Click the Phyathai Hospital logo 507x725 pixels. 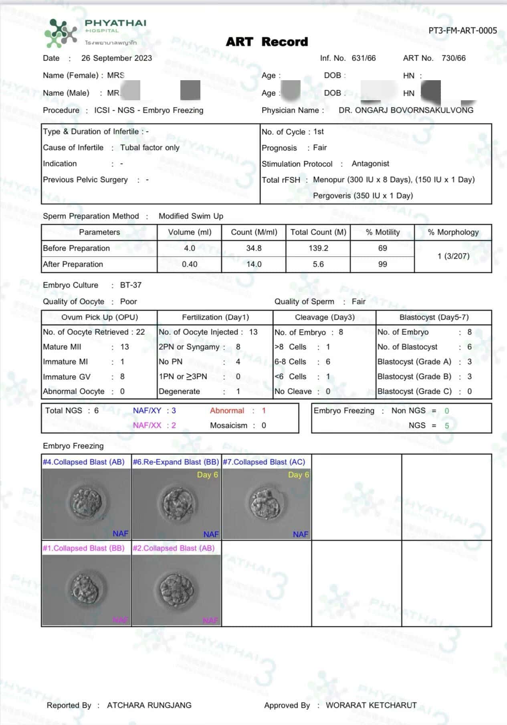(95, 32)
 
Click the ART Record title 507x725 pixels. (267, 42)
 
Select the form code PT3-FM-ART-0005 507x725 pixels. (463, 30)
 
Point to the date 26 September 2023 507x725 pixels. (117, 58)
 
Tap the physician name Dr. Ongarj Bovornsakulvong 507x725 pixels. (406, 110)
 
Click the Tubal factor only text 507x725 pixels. (150, 148)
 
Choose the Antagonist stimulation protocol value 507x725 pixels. (370, 164)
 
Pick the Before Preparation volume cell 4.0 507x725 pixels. (190, 248)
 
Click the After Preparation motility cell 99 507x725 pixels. (382, 264)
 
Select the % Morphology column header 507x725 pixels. (453, 232)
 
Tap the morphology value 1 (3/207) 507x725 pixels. (453, 256)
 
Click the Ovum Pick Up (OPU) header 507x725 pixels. (99, 317)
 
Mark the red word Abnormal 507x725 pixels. (227, 411)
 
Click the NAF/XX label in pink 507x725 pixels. (147, 425)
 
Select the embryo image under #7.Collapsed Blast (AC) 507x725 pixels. (267, 504)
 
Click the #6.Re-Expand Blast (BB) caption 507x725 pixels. (176, 462)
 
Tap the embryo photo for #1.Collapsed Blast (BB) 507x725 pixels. (87, 590)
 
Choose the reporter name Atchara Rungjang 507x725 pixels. (149, 705)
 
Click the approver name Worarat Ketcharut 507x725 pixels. (371, 705)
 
